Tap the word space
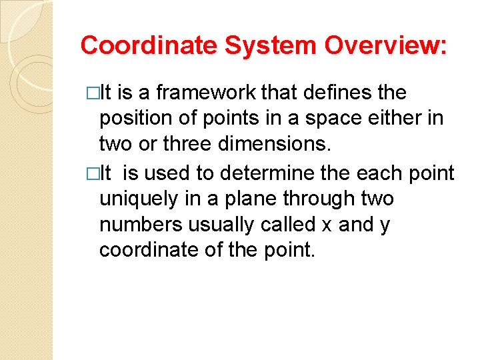point(323,119)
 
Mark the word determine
point(263,173)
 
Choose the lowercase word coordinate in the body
point(145,251)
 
